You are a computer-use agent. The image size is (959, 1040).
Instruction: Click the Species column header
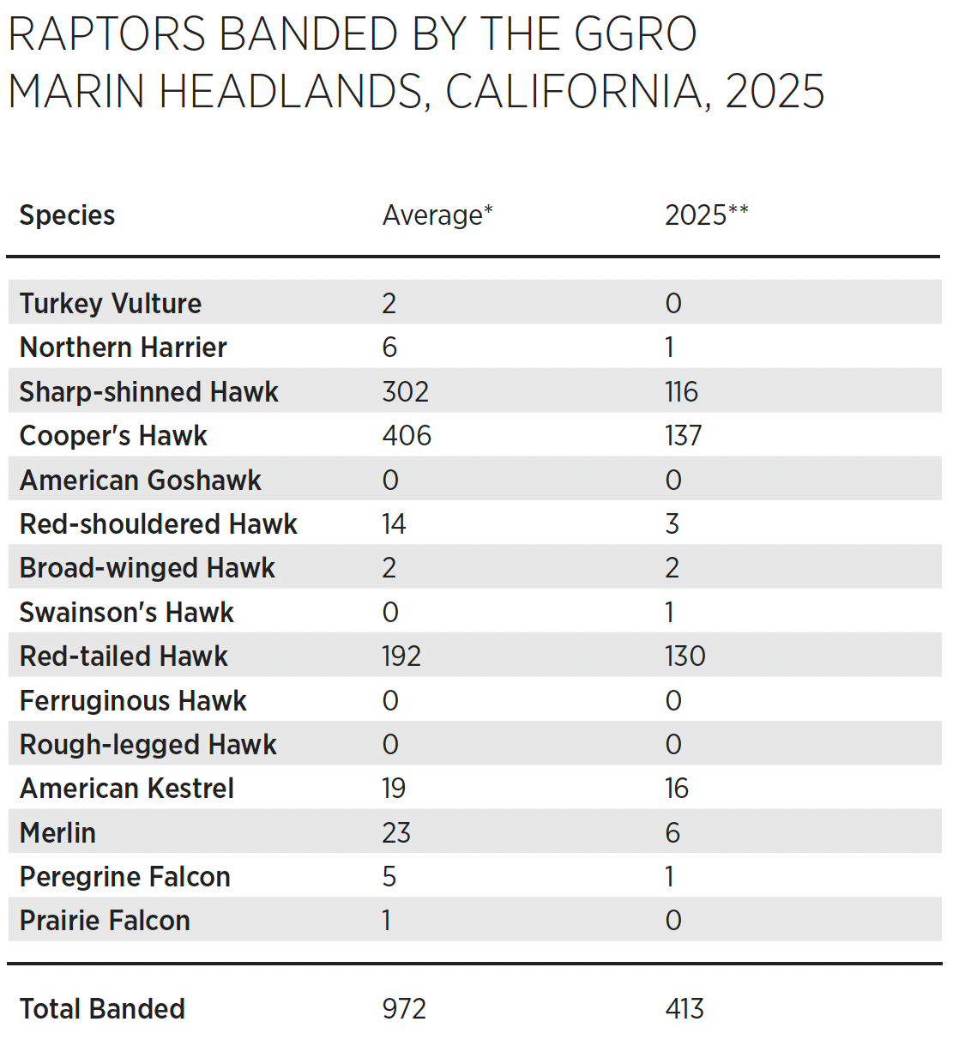(67, 215)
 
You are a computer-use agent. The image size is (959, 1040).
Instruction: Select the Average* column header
(437, 215)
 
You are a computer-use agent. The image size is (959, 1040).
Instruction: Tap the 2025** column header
(706, 215)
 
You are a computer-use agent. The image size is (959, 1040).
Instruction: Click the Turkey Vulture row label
(111, 303)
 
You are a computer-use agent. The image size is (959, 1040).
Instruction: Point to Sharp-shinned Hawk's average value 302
(405, 391)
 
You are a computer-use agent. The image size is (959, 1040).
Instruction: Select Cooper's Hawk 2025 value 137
(683, 436)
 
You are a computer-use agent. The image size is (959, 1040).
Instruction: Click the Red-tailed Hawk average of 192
(401, 656)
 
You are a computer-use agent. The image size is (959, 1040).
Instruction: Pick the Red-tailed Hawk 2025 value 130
(685, 656)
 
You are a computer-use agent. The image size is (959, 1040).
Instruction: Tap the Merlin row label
(57, 832)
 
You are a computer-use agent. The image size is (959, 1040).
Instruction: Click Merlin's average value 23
(396, 832)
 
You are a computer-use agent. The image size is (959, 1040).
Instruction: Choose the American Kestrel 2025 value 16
(676, 789)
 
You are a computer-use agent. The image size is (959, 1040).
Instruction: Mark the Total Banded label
(102, 1009)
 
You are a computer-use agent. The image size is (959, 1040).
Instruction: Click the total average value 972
(404, 1009)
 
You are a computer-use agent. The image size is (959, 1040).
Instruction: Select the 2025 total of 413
(684, 1009)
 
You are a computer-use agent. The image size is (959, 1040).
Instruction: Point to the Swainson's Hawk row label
(126, 613)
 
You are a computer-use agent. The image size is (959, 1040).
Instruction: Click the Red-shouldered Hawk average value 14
(394, 524)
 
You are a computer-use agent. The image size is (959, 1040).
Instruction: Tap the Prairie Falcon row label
(105, 921)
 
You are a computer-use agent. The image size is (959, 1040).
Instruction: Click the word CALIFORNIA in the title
(574, 92)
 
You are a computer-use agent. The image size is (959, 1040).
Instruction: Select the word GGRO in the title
(635, 35)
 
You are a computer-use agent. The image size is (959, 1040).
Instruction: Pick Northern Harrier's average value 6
(389, 348)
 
